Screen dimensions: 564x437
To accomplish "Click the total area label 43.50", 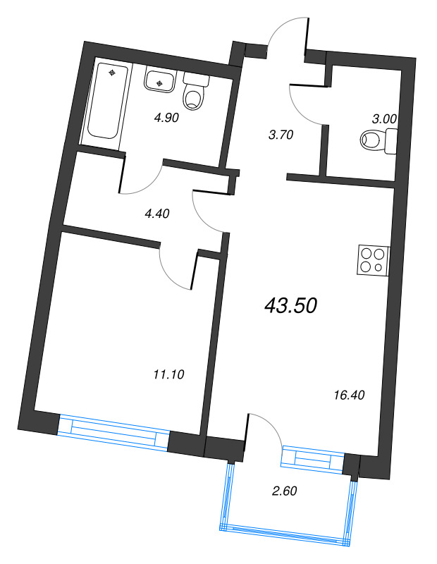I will coord(291,305).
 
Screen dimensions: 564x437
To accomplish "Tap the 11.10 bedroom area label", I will coord(168,374).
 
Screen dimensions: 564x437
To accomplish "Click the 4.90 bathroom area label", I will coord(168,118).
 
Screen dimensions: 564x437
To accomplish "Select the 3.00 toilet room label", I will coord(384,119).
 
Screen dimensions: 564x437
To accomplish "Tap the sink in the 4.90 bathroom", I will coord(161,82).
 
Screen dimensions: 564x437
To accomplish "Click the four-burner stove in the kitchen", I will coord(372,259).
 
